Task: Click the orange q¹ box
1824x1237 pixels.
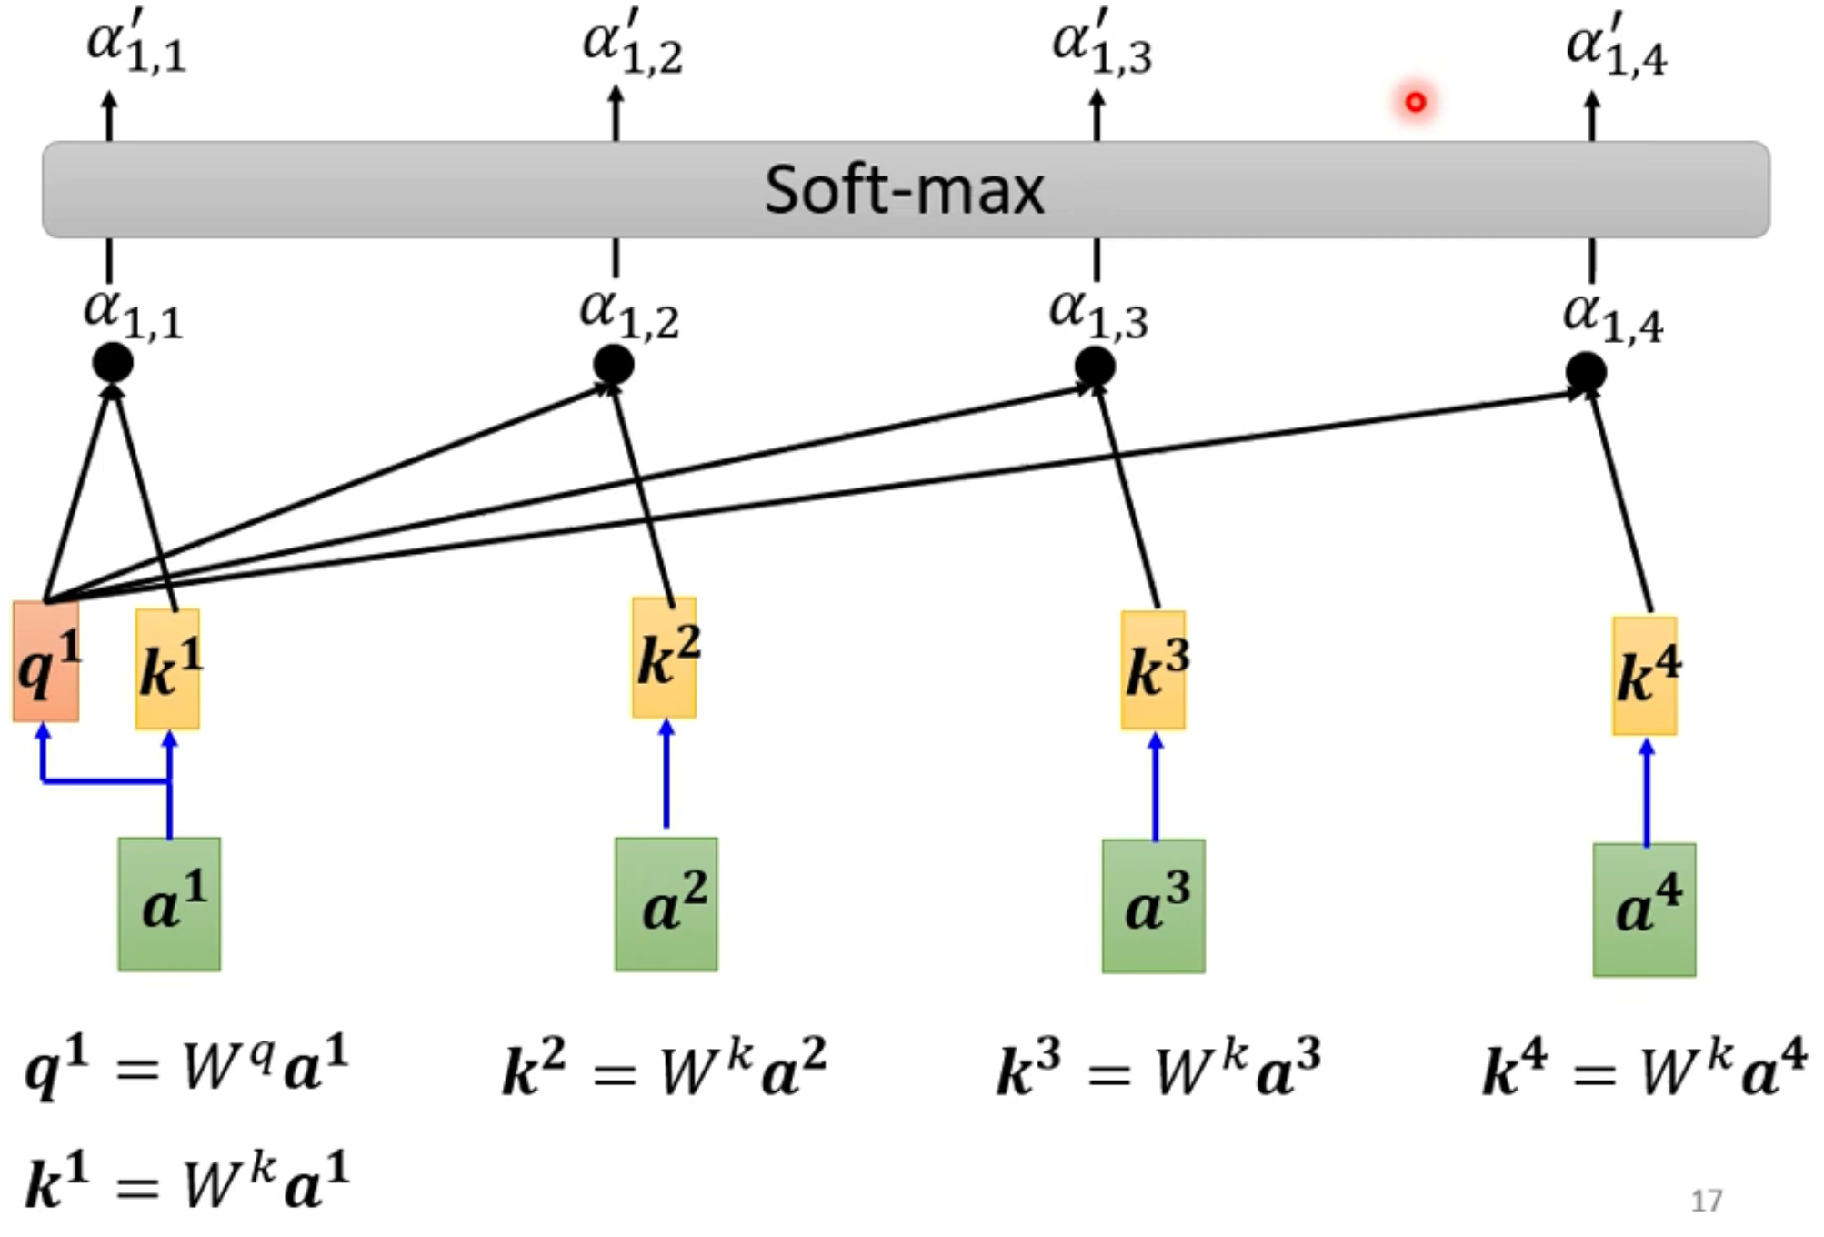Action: tap(45, 661)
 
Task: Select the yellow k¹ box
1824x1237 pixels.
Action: tap(168, 669)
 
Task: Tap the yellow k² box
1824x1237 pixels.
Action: tap(665, 658)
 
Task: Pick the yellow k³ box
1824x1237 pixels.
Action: tap(1153, 670)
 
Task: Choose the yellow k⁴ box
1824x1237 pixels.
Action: tap(1645, 676)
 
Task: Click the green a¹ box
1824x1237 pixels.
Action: tap(169, 904)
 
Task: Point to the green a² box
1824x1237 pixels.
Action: tap(666, 904)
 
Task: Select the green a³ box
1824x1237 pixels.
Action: tap(1154, 906)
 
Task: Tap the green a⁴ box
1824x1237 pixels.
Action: tap(1644, 910)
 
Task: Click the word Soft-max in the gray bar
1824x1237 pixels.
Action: tap(904, 190)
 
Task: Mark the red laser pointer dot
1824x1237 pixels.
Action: tap(1416, 102)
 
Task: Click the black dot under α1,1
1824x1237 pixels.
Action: tap(113, 364)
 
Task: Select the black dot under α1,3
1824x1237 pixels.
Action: tap(1095, 367)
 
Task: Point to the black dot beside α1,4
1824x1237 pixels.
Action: tap(1586, 373)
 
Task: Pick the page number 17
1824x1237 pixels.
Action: tap(1706, 1201)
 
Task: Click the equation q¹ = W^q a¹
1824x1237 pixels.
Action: tap(186, 1066)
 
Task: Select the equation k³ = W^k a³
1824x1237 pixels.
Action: tap(1158, 1070)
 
